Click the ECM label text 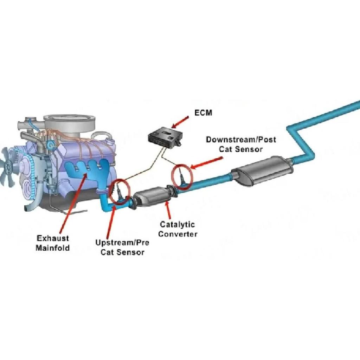pos(203,113)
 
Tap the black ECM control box pos(165,137)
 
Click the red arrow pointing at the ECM pos(180,122)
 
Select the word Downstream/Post pos(241,140)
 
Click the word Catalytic pos(177,225)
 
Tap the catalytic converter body pos(152,196)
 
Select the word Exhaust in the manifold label pos(53,238)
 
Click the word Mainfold pos(53,248)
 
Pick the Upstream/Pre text pos(122,243)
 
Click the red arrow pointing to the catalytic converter pos(169,211)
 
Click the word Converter pos(178,234)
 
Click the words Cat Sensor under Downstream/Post pos(240,149)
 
